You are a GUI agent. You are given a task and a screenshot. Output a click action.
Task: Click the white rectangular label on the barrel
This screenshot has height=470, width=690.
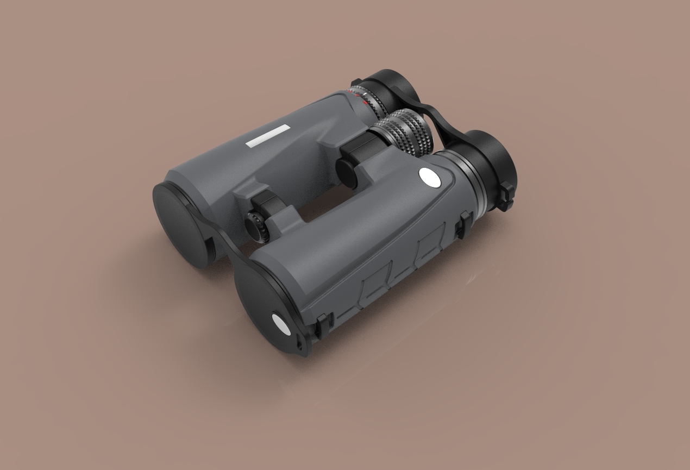pyautogui.click(x=268, y=136)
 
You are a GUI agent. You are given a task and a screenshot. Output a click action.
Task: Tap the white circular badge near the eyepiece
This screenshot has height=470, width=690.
pyautogui.click(x=429, y=177)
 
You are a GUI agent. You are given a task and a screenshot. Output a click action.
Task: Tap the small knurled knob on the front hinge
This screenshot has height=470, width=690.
pyautogui.click(x=255, y=224)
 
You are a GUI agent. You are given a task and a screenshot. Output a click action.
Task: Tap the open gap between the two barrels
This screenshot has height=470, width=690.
pyautogui.click(x=315, y=209)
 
